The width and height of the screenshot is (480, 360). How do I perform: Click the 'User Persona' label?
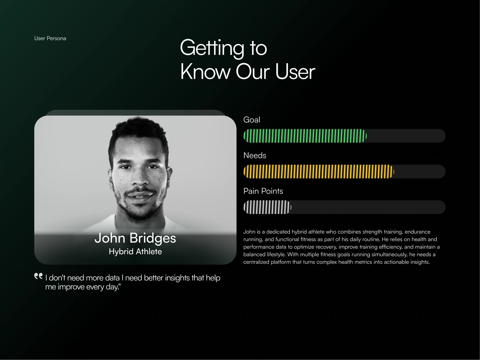point(50,38)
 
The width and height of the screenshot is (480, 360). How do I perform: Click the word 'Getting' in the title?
point(212,48)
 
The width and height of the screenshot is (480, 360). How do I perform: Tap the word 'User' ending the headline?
point(295,72)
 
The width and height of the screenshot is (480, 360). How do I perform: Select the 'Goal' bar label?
point(252,120)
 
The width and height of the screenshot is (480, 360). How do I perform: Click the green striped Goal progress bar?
point(305,136)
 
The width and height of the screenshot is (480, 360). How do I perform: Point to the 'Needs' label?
point(255,155)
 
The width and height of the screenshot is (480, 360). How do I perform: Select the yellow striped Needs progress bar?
point(319,171)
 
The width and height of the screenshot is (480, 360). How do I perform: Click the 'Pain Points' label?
point(263,191)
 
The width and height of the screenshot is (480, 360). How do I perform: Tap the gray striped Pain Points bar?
point(267,207)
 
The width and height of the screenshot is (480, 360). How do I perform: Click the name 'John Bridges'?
point(135,238)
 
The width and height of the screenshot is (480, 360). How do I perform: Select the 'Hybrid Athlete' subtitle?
point(135,251)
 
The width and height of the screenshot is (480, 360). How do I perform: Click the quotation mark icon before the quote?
point(38,276)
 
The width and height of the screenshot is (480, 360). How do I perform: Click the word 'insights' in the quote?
point(177,278)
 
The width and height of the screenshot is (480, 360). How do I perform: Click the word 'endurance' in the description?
point(417,232)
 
